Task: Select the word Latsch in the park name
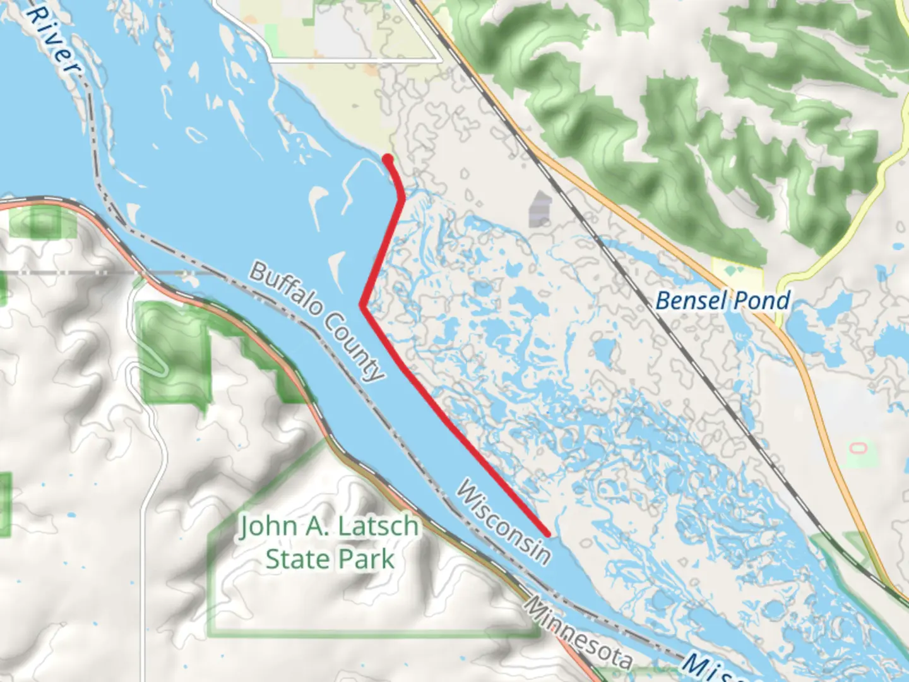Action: [x=378, y=526]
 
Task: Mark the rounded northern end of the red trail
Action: [x=388, y=158]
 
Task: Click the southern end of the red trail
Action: [x=547, y=534]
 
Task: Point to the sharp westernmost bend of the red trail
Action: [x=362, y=305]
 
